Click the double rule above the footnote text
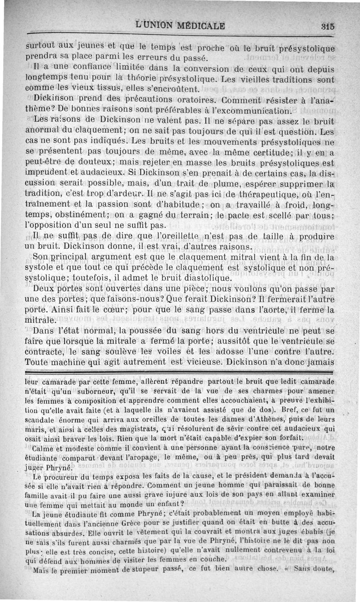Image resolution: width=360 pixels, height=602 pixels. click(x=179, y=373)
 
